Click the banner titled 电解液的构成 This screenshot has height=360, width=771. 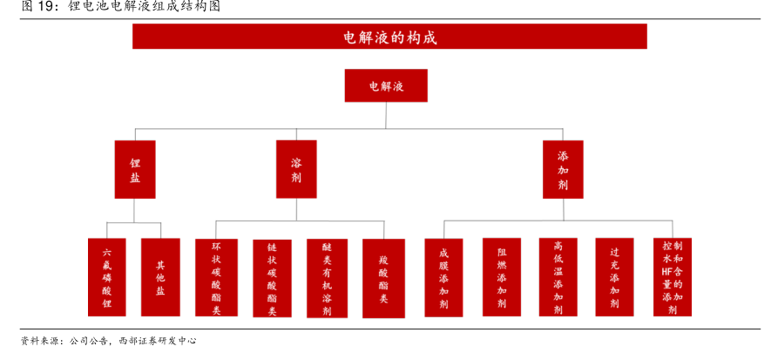389,37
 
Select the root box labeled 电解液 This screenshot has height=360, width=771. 386,86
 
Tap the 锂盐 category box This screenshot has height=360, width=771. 135,169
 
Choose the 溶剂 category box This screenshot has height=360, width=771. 296,169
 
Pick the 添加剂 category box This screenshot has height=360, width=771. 563,169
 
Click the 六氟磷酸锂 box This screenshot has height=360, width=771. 106,276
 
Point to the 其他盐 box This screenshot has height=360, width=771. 160,276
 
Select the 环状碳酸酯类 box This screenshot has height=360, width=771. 216,276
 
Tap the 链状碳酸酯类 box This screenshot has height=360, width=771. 272,277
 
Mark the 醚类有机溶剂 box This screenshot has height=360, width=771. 327,277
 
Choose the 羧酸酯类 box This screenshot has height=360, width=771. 383,277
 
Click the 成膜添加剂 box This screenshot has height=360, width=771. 443,276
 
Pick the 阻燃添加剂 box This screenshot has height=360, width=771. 502,276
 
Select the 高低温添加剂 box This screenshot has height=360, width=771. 558,276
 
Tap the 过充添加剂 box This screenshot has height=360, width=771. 615,276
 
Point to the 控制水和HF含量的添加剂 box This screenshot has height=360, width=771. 673,276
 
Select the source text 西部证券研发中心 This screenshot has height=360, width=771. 158,341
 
